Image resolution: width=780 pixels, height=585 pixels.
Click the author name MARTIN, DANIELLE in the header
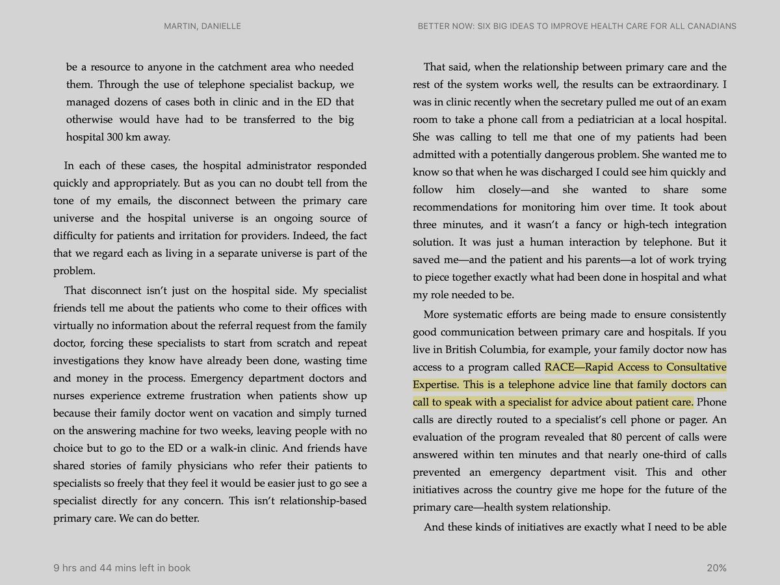[x=202, y=26]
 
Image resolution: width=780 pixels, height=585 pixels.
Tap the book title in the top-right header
[x=577, y=26]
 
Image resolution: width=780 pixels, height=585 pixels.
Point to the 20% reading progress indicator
[x=716, y=568]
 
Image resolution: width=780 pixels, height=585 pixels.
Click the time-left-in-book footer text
[x=122, y=568]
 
